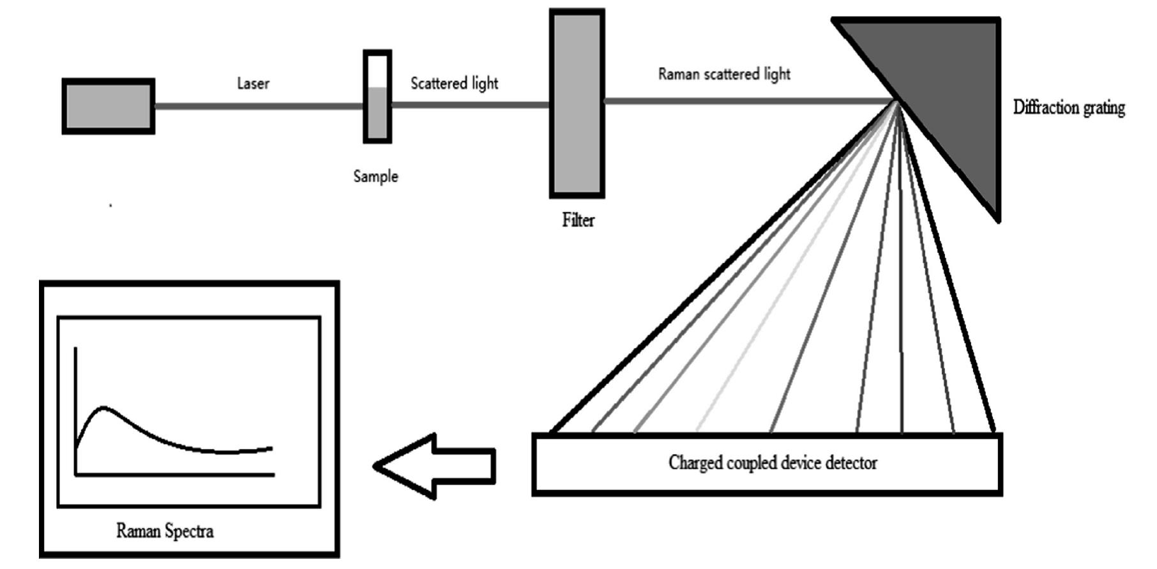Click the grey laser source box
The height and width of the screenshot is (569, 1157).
point(108,106)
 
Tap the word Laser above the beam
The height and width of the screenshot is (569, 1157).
point(253,84)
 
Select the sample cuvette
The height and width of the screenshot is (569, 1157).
point(377,97)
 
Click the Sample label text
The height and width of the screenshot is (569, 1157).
point(375,176)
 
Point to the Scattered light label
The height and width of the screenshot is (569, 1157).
point(454,84)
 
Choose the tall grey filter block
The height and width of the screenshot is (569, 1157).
point(577,103)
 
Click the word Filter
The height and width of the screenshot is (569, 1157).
point(578,220)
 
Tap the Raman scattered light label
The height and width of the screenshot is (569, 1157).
point(724,74)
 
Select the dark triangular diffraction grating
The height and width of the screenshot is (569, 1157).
point(951,83)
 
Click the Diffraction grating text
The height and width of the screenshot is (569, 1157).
point(1069,107)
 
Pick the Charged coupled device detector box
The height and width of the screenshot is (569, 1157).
point(767,464)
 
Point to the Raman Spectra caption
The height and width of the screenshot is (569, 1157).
point(165,531)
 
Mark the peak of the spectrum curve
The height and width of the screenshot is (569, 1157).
point(104,407)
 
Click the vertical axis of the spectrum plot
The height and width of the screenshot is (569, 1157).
point(76,409)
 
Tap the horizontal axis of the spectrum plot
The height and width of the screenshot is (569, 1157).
point(176,474)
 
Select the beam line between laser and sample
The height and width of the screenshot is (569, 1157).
point(259,106)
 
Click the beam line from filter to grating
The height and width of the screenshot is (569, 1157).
point(747,101)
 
